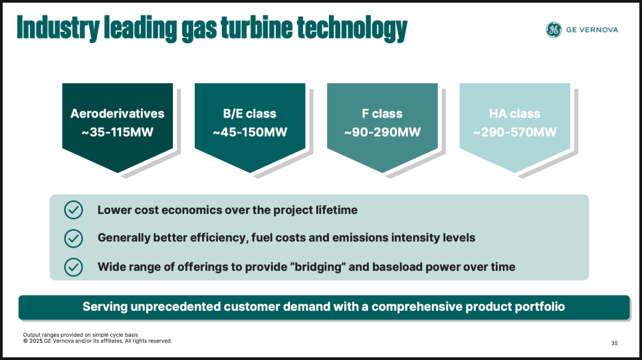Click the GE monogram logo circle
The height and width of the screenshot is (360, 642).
pos(554,30)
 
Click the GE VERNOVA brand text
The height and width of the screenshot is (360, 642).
pos(592,30)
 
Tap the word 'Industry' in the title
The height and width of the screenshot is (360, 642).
pos(58,29)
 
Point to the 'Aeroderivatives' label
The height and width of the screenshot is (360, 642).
pos(118,114)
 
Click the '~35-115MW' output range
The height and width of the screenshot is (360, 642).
pos(118,132)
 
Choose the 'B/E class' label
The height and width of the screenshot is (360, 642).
pos(250,114)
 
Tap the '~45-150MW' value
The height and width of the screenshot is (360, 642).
pos(250,132)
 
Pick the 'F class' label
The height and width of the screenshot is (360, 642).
pos(382,114)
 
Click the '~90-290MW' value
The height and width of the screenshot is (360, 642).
pos(382,132)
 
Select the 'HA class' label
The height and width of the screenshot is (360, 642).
pos(514,114)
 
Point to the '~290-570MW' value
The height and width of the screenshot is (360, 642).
pos(514,132)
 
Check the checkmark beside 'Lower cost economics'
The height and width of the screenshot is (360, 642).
pos(74,210)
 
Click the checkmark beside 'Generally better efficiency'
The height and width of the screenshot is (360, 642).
pos(74,238)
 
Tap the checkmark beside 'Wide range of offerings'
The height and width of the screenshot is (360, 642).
pos(74,267)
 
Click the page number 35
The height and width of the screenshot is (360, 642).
pos(615,343)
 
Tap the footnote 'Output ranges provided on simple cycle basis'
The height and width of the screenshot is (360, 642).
pos(80,335)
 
